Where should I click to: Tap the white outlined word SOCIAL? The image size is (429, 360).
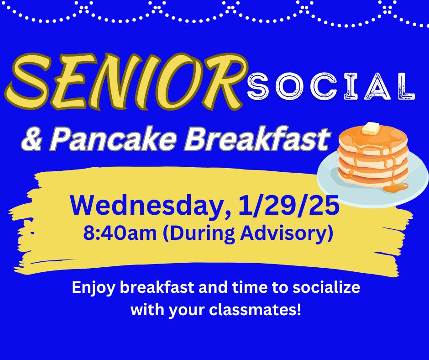point(331,86)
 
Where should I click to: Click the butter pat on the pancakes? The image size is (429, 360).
point(371,128)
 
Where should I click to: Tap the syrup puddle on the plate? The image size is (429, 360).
point(396,187)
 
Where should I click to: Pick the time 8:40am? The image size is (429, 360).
point(120,233)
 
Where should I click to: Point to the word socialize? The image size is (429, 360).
point(326,287)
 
